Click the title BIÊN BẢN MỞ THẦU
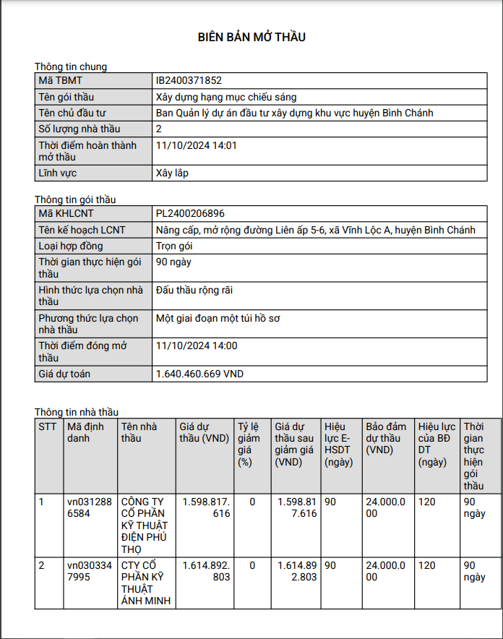click(x=252, y=37)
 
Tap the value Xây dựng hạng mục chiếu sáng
click(x=226, y=97)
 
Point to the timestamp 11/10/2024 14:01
click(x=197, y=145)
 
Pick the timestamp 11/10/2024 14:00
click(x=197, y=346)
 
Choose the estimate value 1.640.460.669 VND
click(x=199, y=374)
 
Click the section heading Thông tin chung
click(x=71, y=67)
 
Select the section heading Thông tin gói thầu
click(x=75, y=200)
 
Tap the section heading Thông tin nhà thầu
click(x=77, y=412)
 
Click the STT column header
click(x=47, y=426)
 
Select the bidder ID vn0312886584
click(x=90, y=507)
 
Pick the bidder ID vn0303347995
click(x=90, y=571)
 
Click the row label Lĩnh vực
click(x=58, y=173)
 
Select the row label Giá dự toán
click(x=64, y=374)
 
